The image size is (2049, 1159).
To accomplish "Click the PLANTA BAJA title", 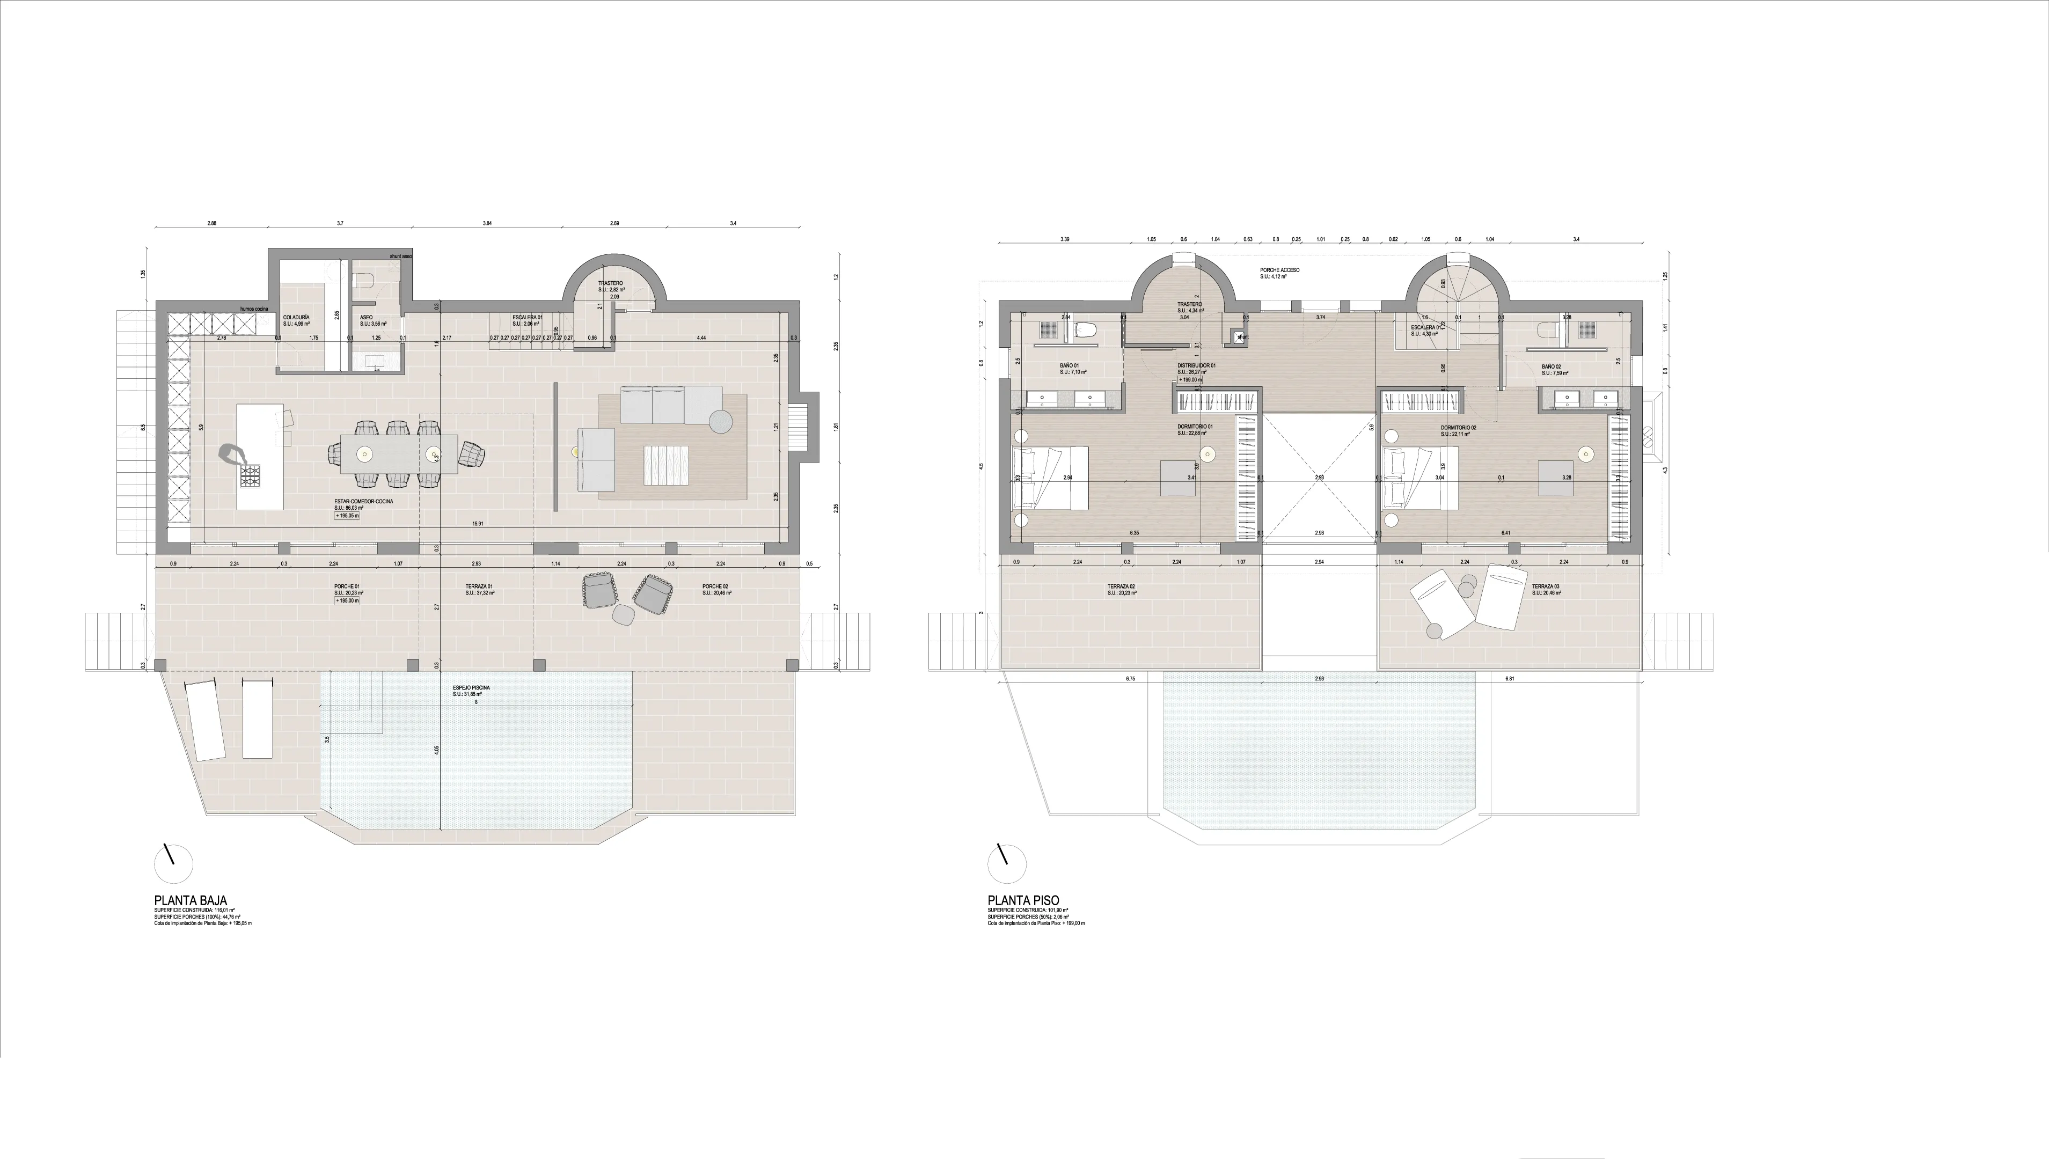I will point(191,900).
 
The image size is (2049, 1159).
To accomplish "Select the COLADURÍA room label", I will point(296,317).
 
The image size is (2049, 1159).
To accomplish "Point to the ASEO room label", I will point(366,317).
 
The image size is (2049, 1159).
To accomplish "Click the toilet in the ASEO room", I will point(364,280).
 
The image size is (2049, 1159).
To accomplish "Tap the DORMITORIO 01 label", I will point(1195,427).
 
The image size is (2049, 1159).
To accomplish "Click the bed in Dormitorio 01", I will point(1049,477).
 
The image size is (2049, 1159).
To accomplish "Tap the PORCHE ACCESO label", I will point(1279,270).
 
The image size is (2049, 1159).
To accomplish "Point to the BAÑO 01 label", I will point(1069,366).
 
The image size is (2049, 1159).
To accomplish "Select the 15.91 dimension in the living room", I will point(478,523).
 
